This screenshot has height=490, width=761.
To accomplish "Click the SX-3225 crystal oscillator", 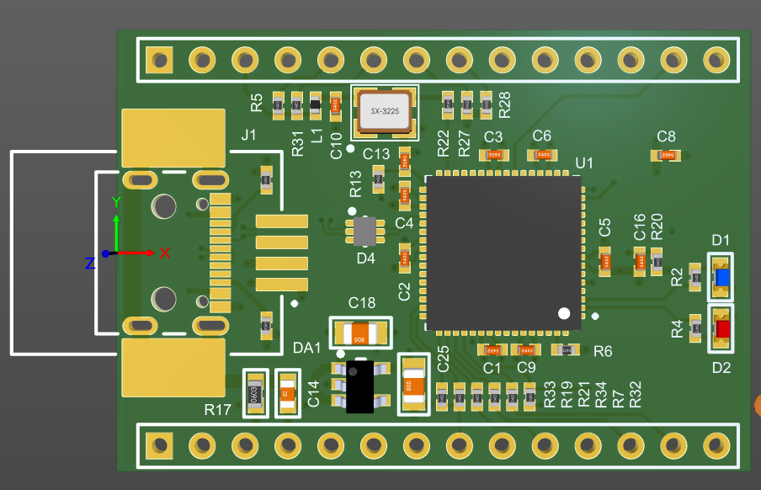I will (x=385, y=111).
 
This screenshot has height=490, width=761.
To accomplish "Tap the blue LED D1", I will (x=721, y=277).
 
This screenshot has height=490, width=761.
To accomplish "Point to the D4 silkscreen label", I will (x=365, y=258).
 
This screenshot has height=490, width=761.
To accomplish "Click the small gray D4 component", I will (x=365, y=231).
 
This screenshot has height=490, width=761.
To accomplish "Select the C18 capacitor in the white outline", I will (x=360, y=333).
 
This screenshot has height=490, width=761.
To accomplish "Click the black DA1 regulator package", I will (x=359, y=387).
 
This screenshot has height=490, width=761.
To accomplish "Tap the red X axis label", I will (x=165, y=253).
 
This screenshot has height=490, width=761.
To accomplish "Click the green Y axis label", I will (x=116, y=201).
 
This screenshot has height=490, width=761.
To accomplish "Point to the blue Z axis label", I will (x=90, y=264).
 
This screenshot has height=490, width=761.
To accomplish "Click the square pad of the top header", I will (x=158, y=60).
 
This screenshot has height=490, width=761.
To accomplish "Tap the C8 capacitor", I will (x=667, y=155).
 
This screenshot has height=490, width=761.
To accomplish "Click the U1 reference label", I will (x=583, y=162).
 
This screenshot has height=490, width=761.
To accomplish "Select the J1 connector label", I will (x=248, y=135).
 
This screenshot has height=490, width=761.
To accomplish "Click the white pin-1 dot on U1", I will (x=563, y=313).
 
